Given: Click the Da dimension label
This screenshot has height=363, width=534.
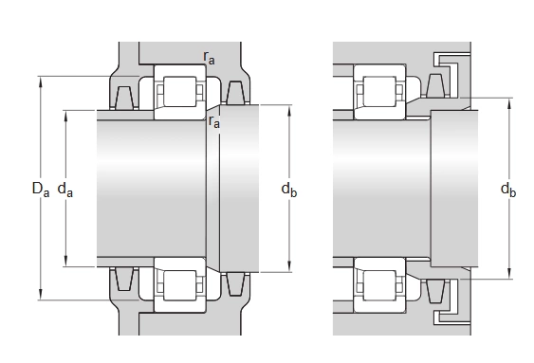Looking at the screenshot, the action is click(41, 190).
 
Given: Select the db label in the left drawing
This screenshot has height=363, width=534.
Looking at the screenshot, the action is click(288, 190).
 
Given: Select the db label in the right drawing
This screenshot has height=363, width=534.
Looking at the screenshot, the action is click(508, 190).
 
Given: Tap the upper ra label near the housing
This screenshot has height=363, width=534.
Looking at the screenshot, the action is click(209, 58).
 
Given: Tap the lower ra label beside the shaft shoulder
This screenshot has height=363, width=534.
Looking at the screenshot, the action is click(214, 121).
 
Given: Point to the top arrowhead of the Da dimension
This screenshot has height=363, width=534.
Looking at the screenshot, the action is click(41, 82).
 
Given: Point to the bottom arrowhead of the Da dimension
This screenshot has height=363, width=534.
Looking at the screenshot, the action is click(41, 295).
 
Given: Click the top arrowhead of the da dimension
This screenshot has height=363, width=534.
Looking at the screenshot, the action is click(65, 116).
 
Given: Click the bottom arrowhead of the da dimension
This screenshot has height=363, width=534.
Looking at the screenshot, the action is click(65, 262).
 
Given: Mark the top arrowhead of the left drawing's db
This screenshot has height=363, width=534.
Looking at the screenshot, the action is click(289, 110).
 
